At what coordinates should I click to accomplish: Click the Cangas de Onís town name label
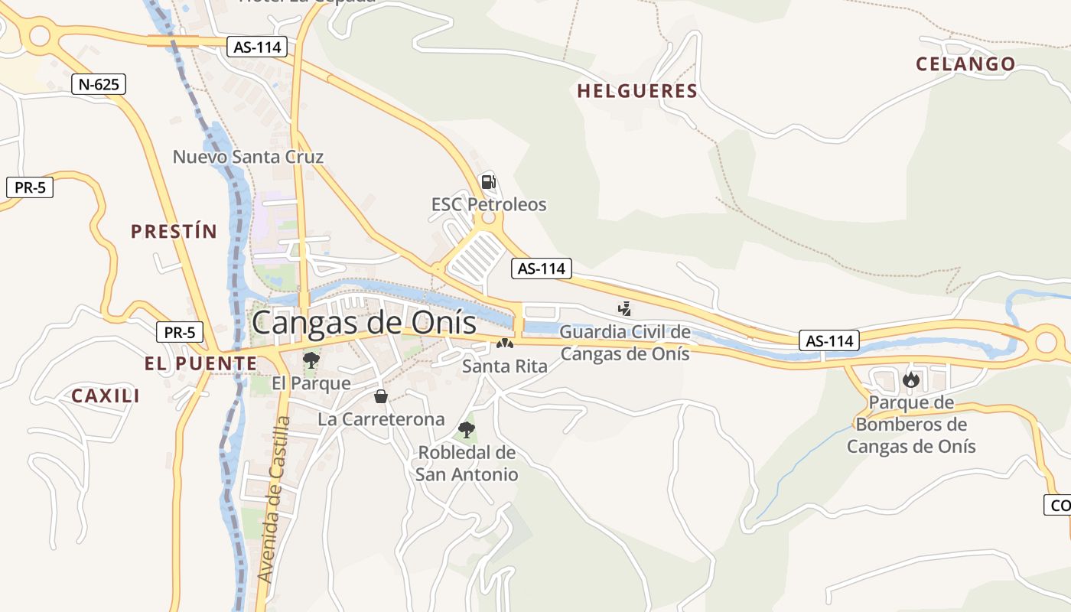[363, 322]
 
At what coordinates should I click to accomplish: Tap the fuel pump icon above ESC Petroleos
[487, 182]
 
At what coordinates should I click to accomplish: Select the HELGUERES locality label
[636, 92]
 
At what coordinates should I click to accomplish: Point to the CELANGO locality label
[965, 64]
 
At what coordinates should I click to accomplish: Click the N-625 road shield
[99, 84]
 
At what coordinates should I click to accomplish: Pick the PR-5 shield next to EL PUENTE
[180, 333]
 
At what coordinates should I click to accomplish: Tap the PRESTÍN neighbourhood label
[174, 231]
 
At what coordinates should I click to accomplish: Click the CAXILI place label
[106, 396]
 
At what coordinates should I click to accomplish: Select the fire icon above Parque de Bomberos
[910, 379]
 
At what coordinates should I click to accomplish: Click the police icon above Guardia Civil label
[625, 309]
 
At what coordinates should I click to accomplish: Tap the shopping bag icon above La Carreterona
[381, 396]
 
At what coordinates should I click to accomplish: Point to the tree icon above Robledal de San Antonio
[466, 430]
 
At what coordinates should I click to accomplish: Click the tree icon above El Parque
[311, 360]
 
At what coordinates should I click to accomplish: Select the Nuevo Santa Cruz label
[248, 157]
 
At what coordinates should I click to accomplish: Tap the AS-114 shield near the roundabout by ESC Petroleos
[541, 269]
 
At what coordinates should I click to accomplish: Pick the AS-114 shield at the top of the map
[256, 47]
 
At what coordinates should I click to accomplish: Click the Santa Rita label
[505, 366]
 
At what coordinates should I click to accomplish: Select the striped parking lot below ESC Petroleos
[474, 256]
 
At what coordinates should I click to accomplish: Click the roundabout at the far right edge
[1047, 341]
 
